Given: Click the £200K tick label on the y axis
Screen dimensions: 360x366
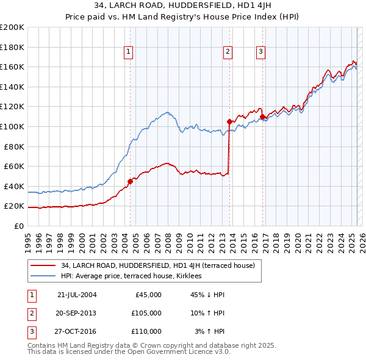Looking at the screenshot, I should pos(12,27).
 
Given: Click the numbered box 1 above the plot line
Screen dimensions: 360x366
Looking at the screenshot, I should pos(129,52).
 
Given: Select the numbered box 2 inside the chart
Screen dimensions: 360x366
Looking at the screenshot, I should pos(227,52).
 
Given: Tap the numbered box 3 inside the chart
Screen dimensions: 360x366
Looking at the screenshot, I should pos(260,52).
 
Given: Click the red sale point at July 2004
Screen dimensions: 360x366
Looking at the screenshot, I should pos(130,181).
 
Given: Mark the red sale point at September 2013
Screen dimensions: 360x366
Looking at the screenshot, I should pos(229,121).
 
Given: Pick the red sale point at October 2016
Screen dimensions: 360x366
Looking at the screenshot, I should pos(262,117).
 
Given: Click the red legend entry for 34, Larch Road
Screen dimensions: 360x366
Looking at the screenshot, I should pos(161,265).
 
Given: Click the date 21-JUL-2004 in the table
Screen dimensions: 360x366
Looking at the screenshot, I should pos(77,295).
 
